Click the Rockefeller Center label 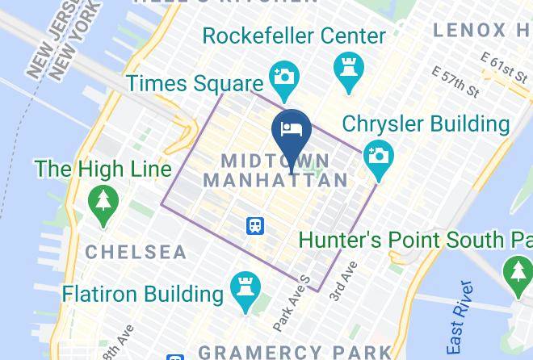coord(294,36)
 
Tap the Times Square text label coord(195,82)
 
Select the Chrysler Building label coord(426,124)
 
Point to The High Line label coord(103,169)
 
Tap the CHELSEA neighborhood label coord(136,252)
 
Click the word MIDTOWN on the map coord(275,161)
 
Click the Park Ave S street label coord(292,303)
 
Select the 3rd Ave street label coord(343,282)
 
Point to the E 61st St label coord(502,68)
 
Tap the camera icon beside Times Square coord(283,77)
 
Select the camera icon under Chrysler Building coord(377,156)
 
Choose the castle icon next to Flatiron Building coord(243,289)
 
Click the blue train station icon coord(255,224)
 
